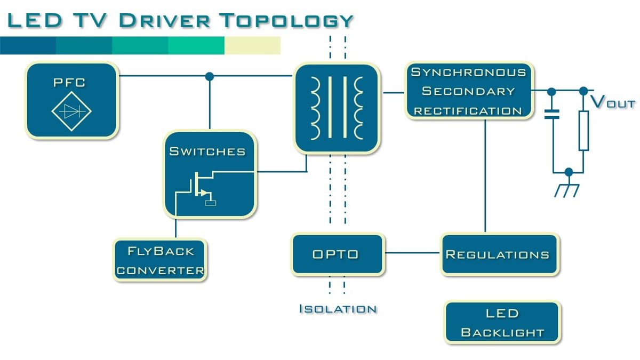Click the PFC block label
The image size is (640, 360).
[69, 83]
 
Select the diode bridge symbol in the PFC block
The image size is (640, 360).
[71, 111]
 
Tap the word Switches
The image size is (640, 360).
[207, 151]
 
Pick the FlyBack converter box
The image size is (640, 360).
[160, 260]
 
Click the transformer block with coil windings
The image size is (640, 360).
[337, 108]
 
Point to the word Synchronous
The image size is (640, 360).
[468, 72]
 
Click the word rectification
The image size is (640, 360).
[468, 111]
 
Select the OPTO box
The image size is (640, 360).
[338, 254]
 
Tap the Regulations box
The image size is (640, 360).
[499, 254]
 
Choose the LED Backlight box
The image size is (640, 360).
[502, 322]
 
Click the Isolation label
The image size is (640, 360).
[338, 309]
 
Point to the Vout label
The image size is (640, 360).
[612, 102]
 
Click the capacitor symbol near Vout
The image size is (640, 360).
[552, 114]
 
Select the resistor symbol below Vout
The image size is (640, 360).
[583, 131]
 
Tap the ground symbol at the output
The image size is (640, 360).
[567, 190]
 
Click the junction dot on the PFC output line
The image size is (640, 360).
[210, 76]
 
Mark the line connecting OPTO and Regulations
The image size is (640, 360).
[412, 253]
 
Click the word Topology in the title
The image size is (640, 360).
[286, 20]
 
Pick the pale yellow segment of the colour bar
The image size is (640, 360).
[252, 45]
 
